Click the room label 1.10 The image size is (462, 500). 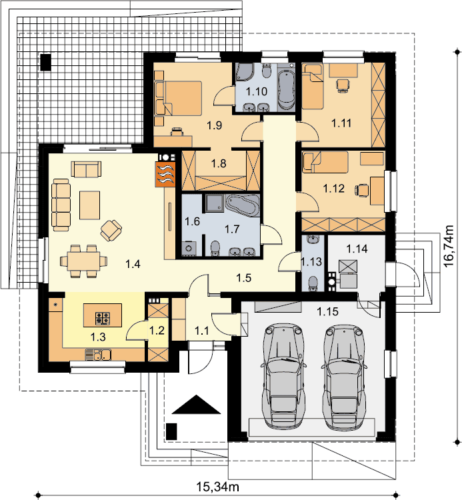tap(257, 92)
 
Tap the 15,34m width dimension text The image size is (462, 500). tap(217, 487)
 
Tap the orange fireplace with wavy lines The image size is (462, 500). tap(165, 174)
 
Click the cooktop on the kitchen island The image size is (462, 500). tap(103, 319)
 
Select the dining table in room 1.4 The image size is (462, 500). tap(83, 261)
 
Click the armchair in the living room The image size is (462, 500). tap(111, 230)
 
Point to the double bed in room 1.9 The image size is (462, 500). tap(179, 98)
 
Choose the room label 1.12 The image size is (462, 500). tap(333, 189)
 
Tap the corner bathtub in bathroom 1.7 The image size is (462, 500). tap(242, 206)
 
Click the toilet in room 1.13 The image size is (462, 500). tap(313, 283)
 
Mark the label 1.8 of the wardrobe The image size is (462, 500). tap(219, 163)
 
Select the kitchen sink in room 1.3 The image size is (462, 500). tap(98, 354)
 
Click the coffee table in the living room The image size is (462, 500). tap(89, 205)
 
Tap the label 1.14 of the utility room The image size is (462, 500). tap(357, 249)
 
